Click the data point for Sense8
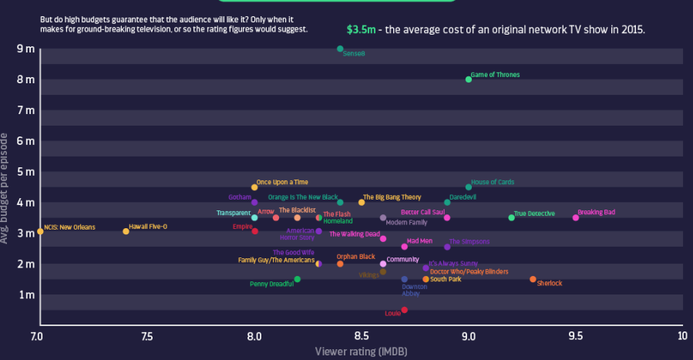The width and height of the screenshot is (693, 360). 340,49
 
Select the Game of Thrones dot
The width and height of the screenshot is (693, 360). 469,79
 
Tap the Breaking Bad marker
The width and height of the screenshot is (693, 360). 576,217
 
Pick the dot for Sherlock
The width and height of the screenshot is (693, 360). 533,279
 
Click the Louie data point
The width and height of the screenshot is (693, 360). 404,310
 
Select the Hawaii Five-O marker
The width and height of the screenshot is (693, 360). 126,231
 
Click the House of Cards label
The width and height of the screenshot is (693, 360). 493,183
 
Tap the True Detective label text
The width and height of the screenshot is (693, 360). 534,214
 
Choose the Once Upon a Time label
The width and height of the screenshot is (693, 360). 282,183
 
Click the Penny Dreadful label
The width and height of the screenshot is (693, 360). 271,284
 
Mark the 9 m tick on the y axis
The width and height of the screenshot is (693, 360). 25,49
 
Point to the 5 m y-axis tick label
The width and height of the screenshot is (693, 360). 25,172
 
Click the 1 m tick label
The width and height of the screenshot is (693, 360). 25,294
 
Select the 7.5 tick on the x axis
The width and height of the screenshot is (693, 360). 146,336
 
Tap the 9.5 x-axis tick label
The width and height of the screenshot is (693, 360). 575,336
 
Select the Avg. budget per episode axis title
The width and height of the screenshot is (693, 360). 6,188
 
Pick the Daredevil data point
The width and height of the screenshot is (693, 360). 447,202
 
